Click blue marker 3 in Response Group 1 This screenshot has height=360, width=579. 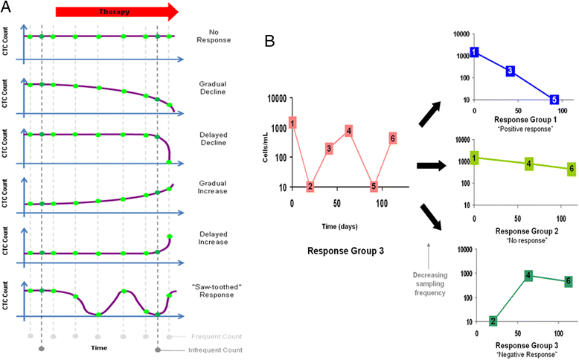coord(510,71)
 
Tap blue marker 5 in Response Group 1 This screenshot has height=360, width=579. coord(554,99)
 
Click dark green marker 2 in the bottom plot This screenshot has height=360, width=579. coord(493,321)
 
